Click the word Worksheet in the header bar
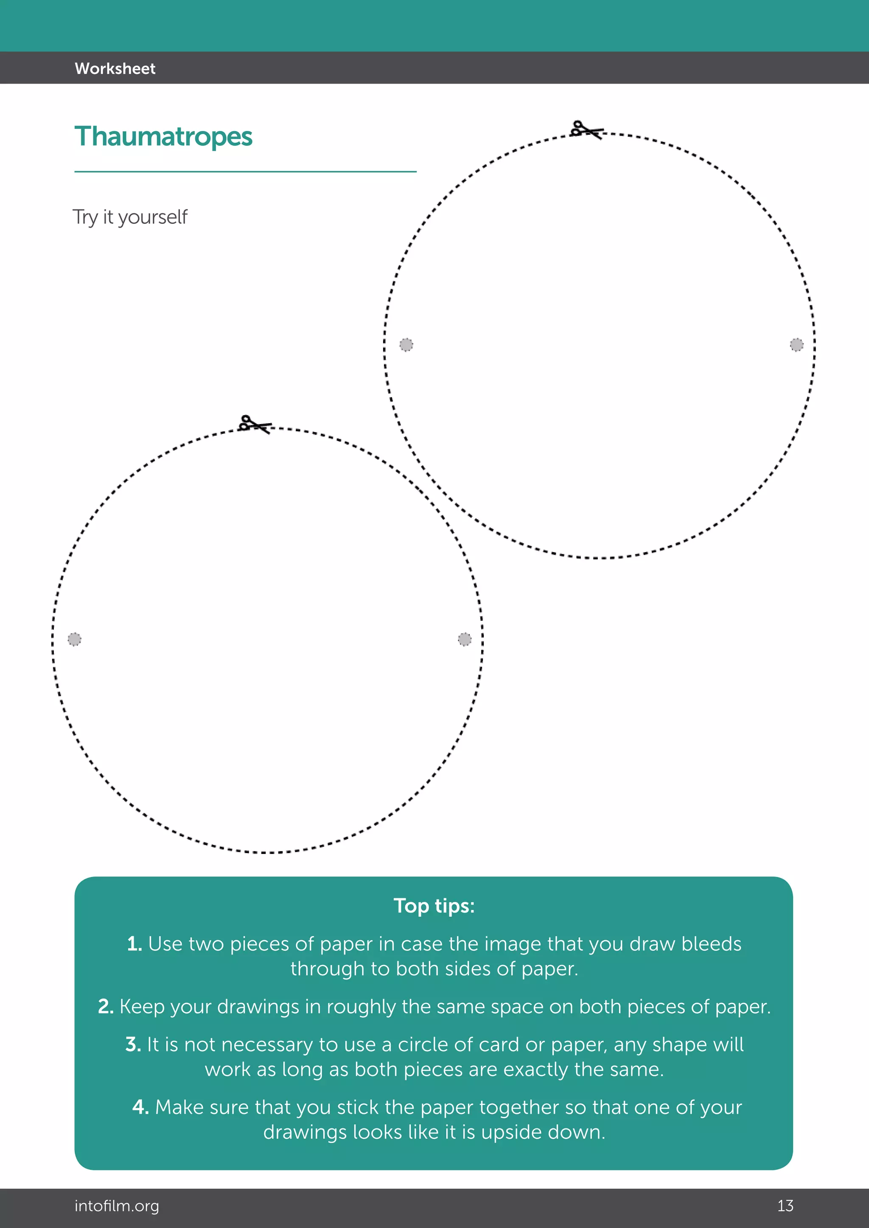click(x=115, y=68)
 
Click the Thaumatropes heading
click(x=163, y=137)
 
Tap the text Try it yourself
click(x=130, y=217)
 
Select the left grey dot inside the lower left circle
click(x=74, y=639)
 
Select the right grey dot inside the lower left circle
click(x=465, y=639)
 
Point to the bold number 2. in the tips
click(x=105, y=1007)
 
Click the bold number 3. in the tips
click(x=133, y=1044)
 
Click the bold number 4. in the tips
click(x=140, y=1107)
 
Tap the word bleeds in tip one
click(x=711, y=944)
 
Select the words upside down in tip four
click(x=543, y=1132)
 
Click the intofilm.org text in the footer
click(x=117, y=1206)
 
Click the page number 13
click(x=785, y=1206)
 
